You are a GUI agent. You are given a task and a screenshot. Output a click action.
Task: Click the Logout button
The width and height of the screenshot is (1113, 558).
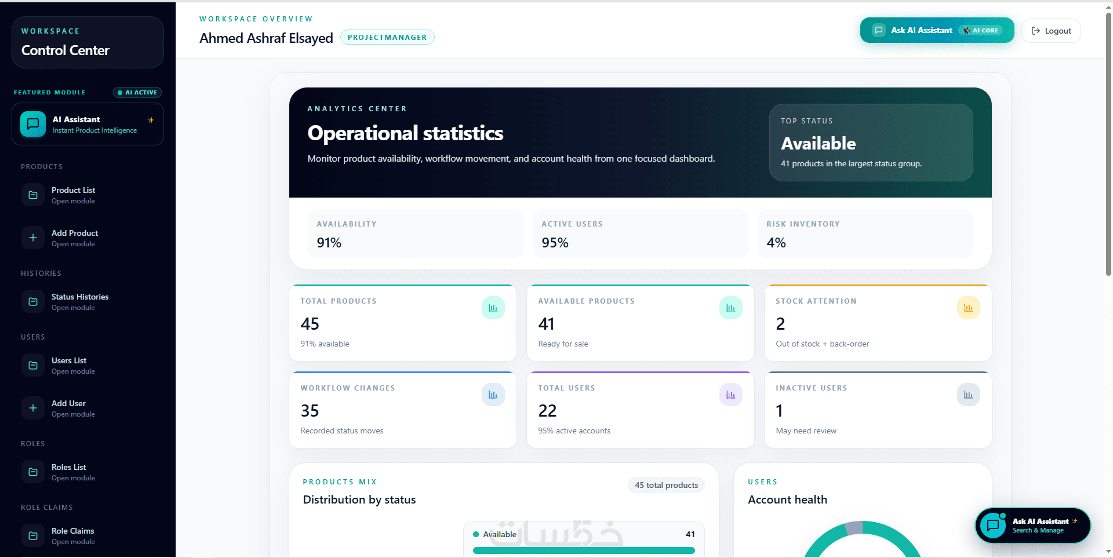click(x=1051, y=31)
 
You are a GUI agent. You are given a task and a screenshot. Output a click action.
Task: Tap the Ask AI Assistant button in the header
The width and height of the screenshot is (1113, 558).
click(x=937, y=30)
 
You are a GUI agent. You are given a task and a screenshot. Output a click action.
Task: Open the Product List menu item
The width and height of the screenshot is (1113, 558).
click(x=73, y=195)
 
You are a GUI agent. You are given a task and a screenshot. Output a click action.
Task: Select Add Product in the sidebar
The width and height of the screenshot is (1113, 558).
click(x=75, y=238)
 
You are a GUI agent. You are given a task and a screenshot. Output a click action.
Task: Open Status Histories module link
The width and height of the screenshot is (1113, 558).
click(x=80, y=302)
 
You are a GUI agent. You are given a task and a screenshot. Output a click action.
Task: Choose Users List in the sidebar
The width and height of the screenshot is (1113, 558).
click(x=69, y=366)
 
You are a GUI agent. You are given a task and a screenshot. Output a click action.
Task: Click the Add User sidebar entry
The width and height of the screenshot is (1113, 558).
click(x=68, y=409)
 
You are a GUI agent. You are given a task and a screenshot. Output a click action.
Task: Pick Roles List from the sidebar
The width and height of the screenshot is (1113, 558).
click(x=69, y=472)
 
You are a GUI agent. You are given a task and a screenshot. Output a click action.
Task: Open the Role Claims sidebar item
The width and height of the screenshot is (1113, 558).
click(x=73, y=536)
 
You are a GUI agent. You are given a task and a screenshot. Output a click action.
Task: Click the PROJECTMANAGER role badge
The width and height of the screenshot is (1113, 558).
click(x=387, y=37)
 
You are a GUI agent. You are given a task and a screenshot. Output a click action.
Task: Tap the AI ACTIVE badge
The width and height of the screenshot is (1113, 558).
click(x=137, y=92)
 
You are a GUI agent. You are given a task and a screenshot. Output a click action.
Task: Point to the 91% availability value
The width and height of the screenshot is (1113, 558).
click(x=329, y=243)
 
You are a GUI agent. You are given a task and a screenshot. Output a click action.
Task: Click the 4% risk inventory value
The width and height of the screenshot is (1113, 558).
click(x=776, y=243)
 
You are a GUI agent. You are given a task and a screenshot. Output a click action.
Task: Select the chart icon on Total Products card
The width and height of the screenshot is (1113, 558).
click(x=493, y=308)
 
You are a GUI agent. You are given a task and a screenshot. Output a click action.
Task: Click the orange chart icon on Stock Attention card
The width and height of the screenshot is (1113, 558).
click(x=969, y=308)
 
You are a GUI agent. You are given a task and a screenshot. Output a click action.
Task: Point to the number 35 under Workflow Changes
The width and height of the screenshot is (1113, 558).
click(x=310, y=411)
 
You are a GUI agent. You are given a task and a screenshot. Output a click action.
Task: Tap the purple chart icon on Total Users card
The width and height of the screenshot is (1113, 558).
click(x=731, y=395)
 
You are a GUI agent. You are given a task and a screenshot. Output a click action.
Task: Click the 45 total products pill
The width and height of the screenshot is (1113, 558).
click(x=666, y=485)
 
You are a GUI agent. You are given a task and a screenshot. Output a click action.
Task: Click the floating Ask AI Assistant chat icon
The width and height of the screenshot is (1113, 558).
click(x=993, y=526)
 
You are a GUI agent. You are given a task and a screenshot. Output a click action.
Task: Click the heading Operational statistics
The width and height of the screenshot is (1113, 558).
click(x=405, y=133)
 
